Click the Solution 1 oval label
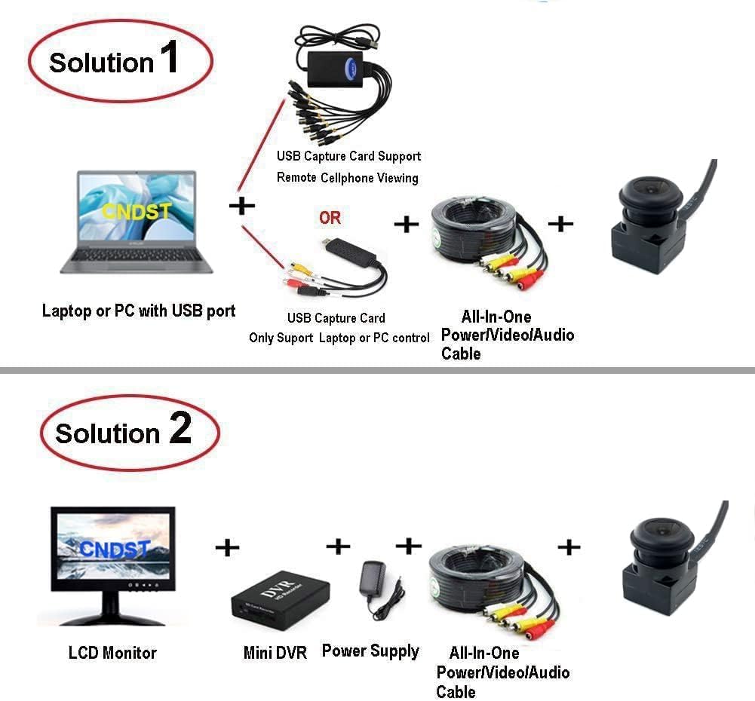tap(120, 60)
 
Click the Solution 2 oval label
tap(128, 432)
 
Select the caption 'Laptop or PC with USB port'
tap(139, 311)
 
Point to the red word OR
tap(330, 218)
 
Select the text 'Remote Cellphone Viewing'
tap(347, 178)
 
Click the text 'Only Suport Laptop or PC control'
tap(339, 338)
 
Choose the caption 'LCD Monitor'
tap(112, 653)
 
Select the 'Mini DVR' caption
tap(275, 653)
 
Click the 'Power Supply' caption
tap(370, 650)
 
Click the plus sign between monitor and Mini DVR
tap(226, 547)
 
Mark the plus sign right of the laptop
tap(241, 206)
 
